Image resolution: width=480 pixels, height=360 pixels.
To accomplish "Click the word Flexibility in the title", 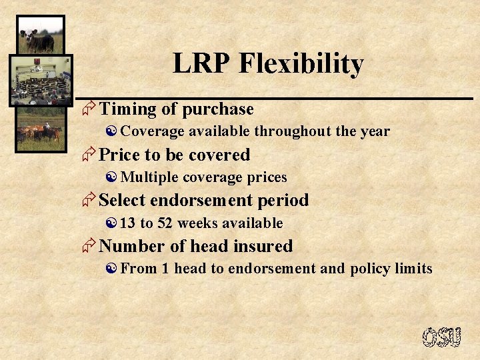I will point(301,65).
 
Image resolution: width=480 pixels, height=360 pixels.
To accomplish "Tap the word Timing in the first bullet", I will point(127,109).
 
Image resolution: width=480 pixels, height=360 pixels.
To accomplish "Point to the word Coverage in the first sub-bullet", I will point(151,131).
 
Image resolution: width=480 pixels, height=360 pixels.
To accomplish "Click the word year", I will point(375,131).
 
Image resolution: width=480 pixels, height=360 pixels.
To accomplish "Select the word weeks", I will point(198,223).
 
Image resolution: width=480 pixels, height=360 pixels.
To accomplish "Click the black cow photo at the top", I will point(40,35).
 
